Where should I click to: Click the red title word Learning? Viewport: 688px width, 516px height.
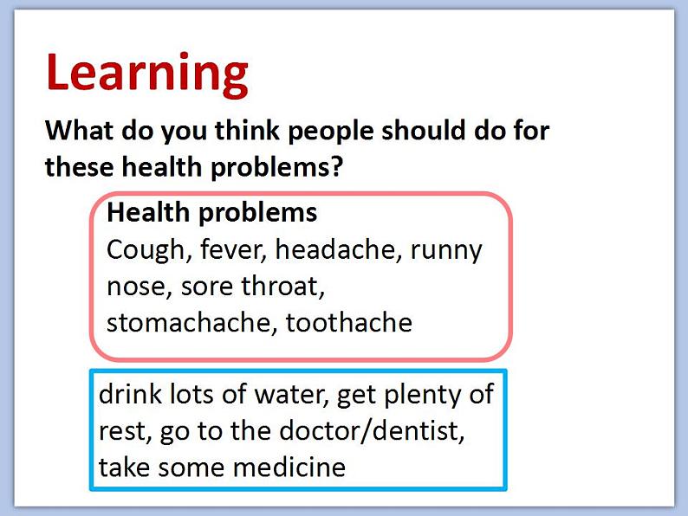(147, 74)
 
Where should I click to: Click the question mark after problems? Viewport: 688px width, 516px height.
(336, 166)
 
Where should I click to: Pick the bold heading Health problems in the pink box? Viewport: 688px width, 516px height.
(212, 214)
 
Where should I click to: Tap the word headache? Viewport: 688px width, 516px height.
(335, 250)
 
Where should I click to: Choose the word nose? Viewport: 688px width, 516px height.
(136, 288)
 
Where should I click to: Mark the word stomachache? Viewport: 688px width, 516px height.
(189, 324)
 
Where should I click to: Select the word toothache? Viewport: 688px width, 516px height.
(349, 323)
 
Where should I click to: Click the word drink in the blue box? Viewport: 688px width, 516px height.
(130, 393)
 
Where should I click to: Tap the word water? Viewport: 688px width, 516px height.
(291, 395)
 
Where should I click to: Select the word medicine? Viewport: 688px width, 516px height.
(289, 467)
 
